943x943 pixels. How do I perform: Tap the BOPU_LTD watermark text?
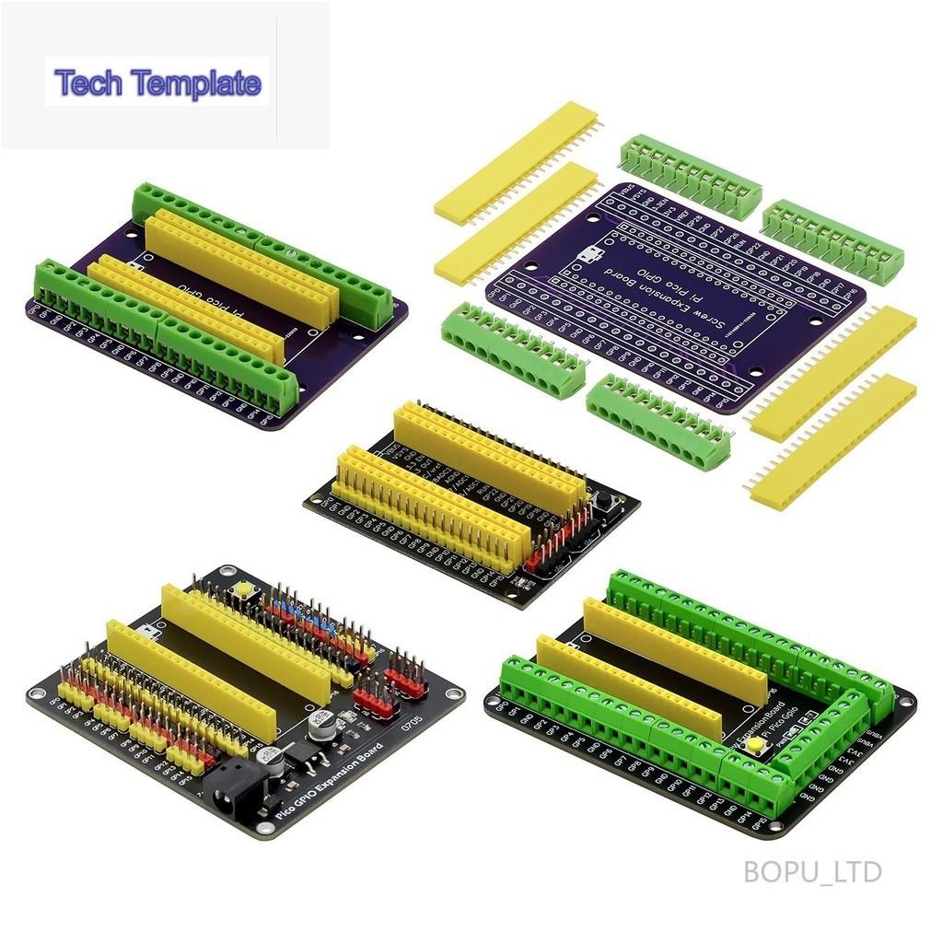tap(812, 871)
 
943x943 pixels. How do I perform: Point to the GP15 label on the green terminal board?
tap(760, 824)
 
